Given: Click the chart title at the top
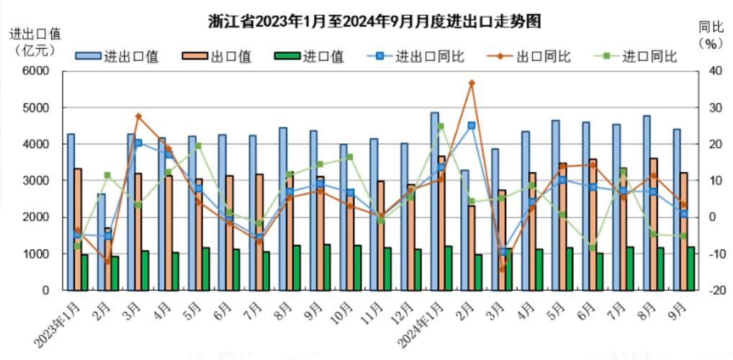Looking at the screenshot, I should pos(374,22).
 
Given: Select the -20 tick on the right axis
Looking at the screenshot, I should pos(713,291).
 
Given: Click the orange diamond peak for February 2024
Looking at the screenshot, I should pos(472,84).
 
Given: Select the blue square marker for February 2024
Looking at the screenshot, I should pos(472,125).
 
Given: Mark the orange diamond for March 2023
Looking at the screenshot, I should pos(138,116).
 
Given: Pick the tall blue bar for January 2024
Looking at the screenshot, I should pos(435,202).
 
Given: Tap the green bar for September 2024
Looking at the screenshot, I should pos(691,269).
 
